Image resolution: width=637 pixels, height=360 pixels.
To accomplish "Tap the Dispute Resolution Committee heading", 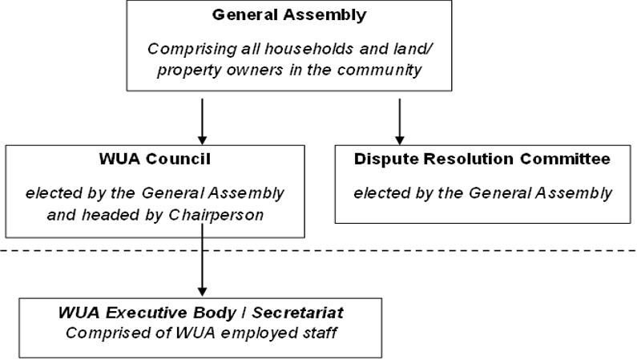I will point(482,159).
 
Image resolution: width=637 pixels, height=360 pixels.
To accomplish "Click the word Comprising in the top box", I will point(186,47).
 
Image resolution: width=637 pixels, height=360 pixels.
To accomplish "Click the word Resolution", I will point(467,159).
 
